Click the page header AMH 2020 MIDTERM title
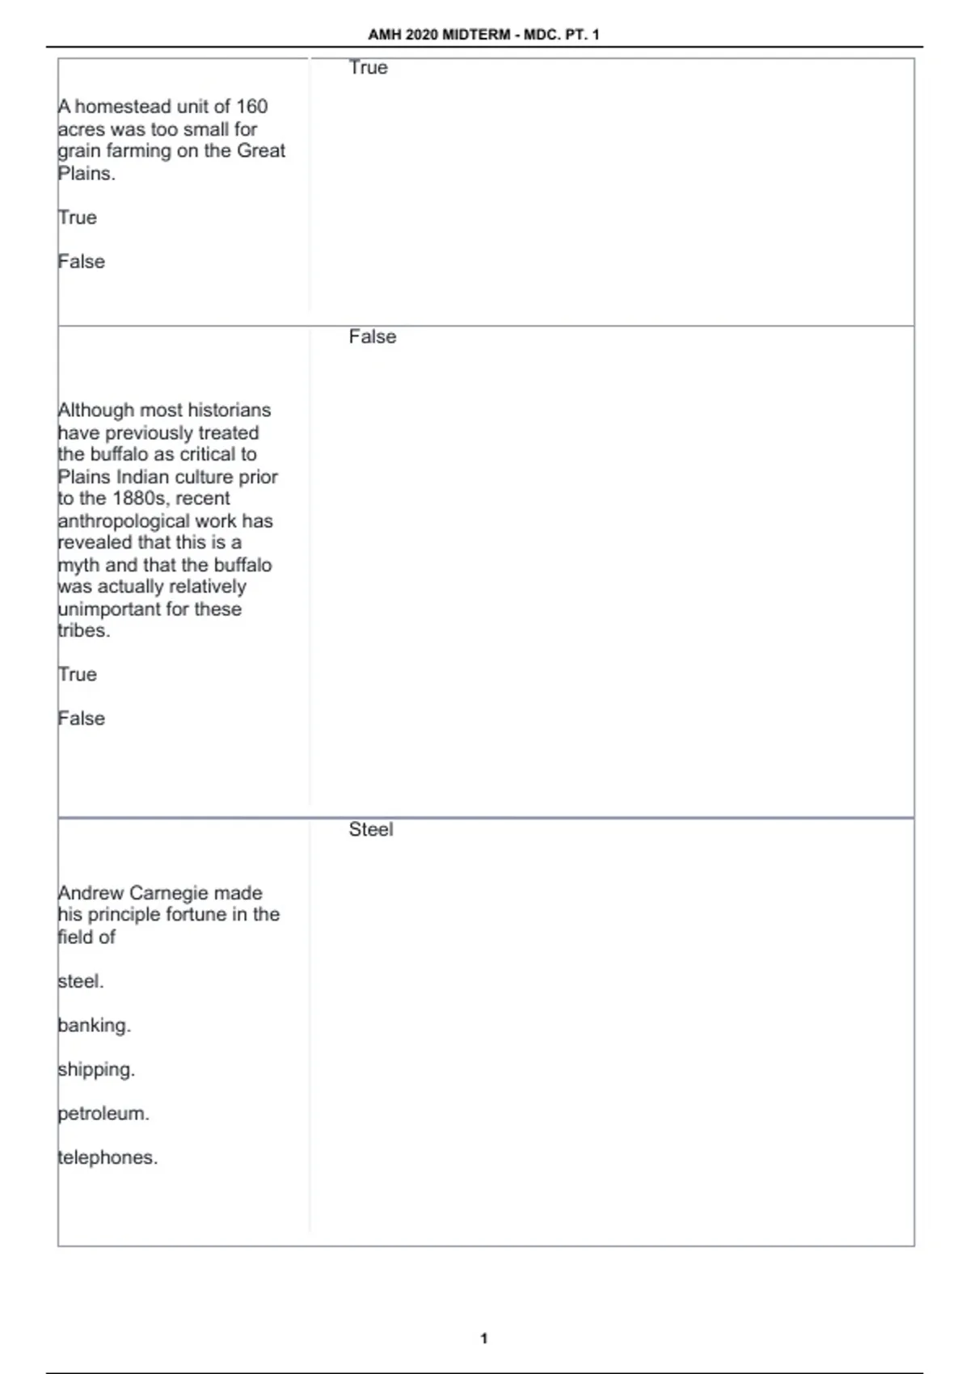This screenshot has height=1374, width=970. click(483, 35)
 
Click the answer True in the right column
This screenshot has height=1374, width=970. click(368, 68)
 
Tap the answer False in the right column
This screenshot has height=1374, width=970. click(373, 337)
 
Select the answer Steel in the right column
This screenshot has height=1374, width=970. click(371, 829)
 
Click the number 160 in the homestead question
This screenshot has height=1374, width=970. click(251, 107)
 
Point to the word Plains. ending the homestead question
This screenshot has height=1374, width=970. click(86, 174)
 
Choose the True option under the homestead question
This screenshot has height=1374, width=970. click(78, 217)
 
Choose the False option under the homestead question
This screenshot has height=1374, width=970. click(82, 262)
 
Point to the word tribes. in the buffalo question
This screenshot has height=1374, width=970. click(83, 631)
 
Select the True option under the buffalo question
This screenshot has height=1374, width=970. click(78, 675)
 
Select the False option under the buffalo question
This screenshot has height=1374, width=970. click(82, 719)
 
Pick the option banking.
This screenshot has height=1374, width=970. click(94, 1026)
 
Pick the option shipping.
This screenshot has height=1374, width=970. click(96, 1069)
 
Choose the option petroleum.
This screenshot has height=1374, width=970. click(103, 1114)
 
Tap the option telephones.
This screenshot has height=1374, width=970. click(108, 1157)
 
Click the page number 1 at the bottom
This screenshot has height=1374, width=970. click(484, 1338)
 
